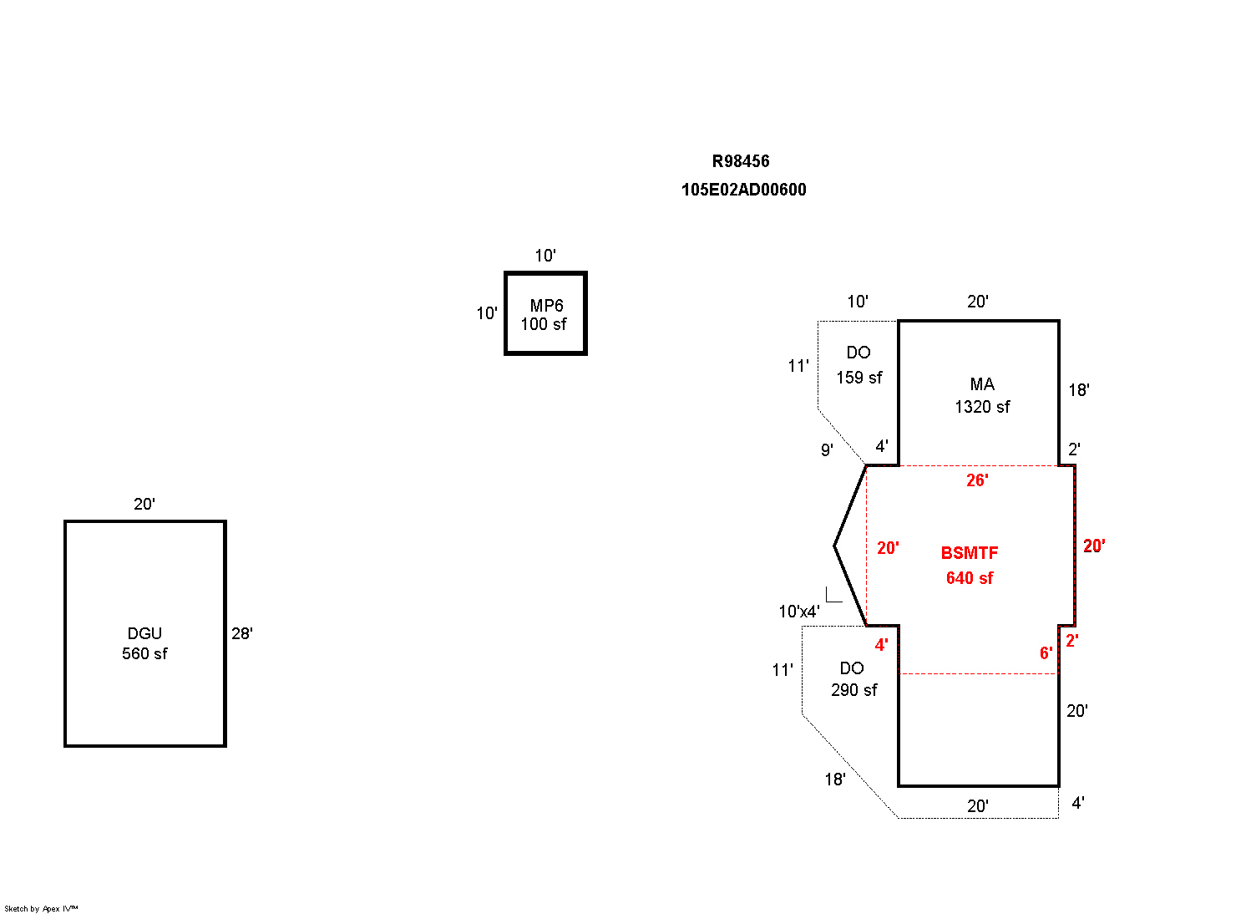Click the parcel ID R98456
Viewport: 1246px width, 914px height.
(741, 161)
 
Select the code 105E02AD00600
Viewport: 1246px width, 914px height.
(743, 190)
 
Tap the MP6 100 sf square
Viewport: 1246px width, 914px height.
(545, 314)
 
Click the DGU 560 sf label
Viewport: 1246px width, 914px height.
(144, 643)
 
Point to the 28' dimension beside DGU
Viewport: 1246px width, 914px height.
(242, 633)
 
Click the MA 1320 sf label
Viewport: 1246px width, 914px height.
(982, 395)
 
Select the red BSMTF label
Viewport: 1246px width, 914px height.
(969, 553)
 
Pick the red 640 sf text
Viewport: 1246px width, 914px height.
(969, 578)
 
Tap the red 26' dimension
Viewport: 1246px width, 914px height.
(977, 480)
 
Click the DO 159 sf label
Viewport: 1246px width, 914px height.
(859, 365)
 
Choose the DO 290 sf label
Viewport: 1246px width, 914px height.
(853, 679)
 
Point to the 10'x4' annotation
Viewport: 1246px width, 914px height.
(799, 612)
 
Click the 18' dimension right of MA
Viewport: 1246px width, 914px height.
(1078, 390)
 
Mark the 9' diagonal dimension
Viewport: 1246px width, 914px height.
(827, 450)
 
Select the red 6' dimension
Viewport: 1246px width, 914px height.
(1046, 653)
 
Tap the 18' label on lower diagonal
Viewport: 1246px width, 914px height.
(835, 779)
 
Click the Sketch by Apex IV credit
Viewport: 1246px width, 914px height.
(41, 908)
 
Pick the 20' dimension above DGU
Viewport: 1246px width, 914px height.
(144, 504)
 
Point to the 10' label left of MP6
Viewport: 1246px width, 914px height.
(487, 313)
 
